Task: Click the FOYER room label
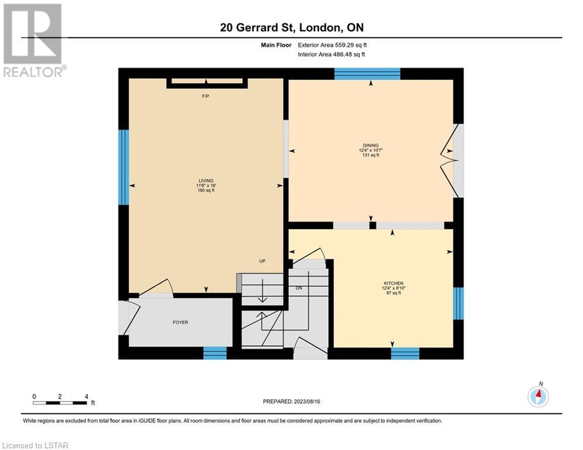tap(180, 322)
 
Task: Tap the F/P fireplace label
tap(205, 96)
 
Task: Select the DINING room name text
tap(371, 145)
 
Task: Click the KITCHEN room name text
tap(393, 284)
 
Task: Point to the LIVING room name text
tap(206, 180)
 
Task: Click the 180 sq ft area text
tap(206, 190)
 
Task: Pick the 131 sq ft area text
tap(371, 155)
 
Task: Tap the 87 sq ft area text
tap(393, 293)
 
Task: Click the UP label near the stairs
tap(262, 261)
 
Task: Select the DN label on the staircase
tap(299, 288)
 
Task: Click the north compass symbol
tap(538, 396)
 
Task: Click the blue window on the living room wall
tap(124, 167)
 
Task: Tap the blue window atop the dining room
tap(367, 74)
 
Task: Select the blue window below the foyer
tap(215, 353)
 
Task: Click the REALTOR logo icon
tap(32, 34)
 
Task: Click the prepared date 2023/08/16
tap(307, 401)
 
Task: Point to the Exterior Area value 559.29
tap(342, 45)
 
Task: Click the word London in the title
tap(319, 28)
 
